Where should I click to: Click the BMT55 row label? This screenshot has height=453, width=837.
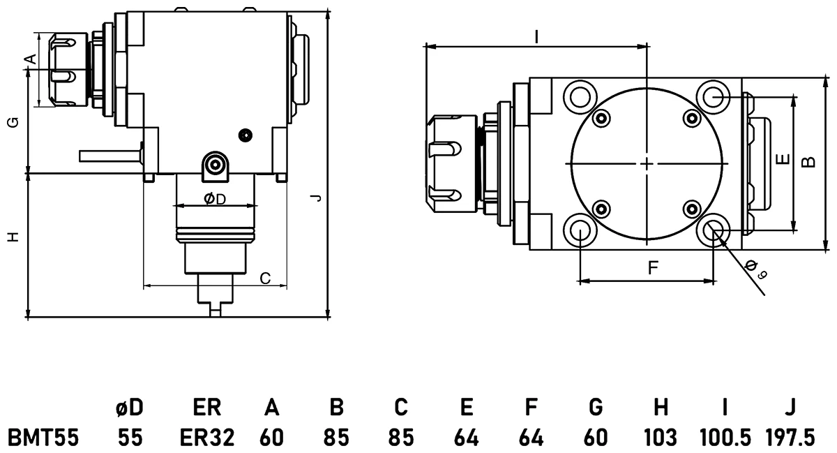pyautogui.click(x=43, y=438)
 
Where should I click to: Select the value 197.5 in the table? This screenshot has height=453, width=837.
pyautogui.click(x=790, y=438)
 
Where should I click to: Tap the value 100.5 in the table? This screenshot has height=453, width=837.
pyautogui.click(x=725, y=438)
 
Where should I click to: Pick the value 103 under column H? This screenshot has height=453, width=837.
pyautogui.click(x=661, y=438)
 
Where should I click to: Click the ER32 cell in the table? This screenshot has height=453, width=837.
pyautogui.click(x=207, y=438)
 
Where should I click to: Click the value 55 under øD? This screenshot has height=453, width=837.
pyautogui.click(x=130, y=438)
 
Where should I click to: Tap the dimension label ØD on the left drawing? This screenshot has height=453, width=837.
pyautogui.click(x=215, y=200)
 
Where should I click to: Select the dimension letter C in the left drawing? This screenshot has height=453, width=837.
pyautogui.click(x=265, y=278)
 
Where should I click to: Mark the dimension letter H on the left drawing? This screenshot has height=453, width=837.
pyautogui.click(x=12, y=237)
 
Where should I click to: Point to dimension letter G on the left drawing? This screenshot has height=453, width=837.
pyautogui.click(x=12, y=123)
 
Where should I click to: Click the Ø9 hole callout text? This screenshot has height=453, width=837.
pyautogui.click(x=755, y=269)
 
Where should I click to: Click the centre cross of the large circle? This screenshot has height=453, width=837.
pyautogui.click(x=647, y=163)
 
